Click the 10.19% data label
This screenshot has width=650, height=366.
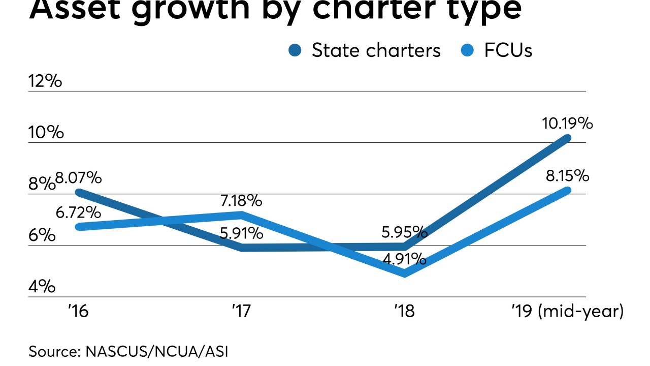[x=567, y=123]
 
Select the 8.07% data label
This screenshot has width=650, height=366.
[x=79, y=178]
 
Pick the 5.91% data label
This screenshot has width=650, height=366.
[x=242, y=233]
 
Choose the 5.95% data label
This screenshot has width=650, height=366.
[x=404, y=232]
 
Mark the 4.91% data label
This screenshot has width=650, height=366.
[x=404, y=259]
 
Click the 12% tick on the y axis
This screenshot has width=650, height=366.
[x=45, y=81]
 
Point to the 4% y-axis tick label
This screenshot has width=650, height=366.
[x=42, y=287]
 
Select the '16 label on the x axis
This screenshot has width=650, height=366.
[x=78, y=311]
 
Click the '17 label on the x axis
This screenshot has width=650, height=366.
[x=241, y=311]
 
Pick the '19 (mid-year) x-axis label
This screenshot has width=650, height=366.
[x=566, y=311]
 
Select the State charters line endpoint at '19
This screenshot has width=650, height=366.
[x=567, y=138]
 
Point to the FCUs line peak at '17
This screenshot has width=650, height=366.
[x=242, y=214]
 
